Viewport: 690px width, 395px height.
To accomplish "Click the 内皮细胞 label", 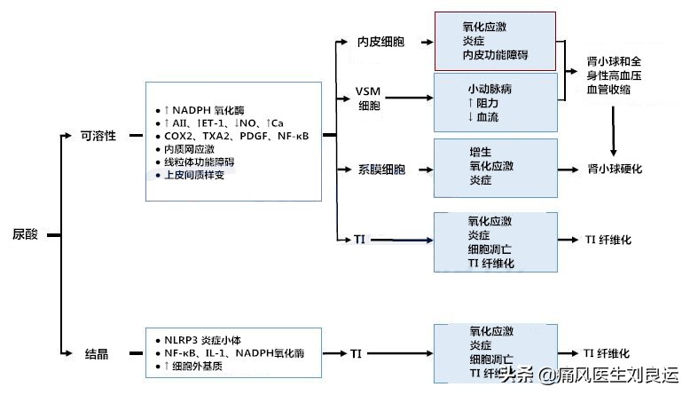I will point(381,41).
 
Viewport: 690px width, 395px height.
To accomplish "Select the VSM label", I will point(369,91).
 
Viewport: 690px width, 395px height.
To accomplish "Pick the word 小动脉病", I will point(490,90).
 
